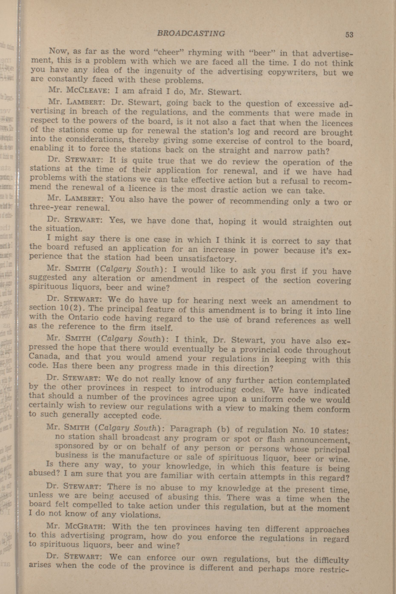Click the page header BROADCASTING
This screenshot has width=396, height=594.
(191, 33)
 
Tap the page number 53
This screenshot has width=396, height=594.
(349, 35)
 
